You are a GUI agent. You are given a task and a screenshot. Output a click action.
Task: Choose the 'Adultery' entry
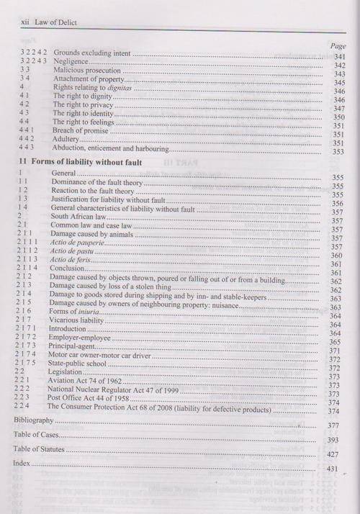coord(69,141)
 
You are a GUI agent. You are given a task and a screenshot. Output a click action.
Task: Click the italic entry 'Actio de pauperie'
coord(76,246)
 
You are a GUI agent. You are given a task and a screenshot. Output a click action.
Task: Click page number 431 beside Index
coord(333,469)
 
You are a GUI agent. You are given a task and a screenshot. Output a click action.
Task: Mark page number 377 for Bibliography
coord(333,425)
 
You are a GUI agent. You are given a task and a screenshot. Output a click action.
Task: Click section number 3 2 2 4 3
coord(31,64)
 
